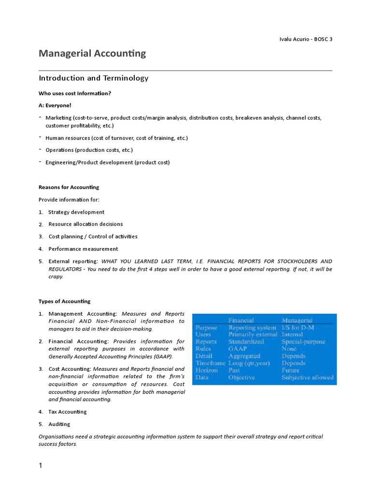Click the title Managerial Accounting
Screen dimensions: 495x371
coord(92,54)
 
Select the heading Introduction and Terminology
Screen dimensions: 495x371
coord(93,78)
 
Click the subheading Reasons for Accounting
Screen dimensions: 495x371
coord(69,187)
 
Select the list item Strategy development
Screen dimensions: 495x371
coord(76,212)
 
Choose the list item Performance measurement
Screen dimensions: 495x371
coord(83,249)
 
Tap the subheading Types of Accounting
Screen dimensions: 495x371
coord(64,301)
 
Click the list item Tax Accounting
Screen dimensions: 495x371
coord(68,412)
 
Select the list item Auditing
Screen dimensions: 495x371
coord(59,424)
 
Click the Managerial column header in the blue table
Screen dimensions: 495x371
coord(297,320)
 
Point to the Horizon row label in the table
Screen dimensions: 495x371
coord(206,370)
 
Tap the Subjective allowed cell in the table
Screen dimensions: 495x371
coord(307,378)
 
